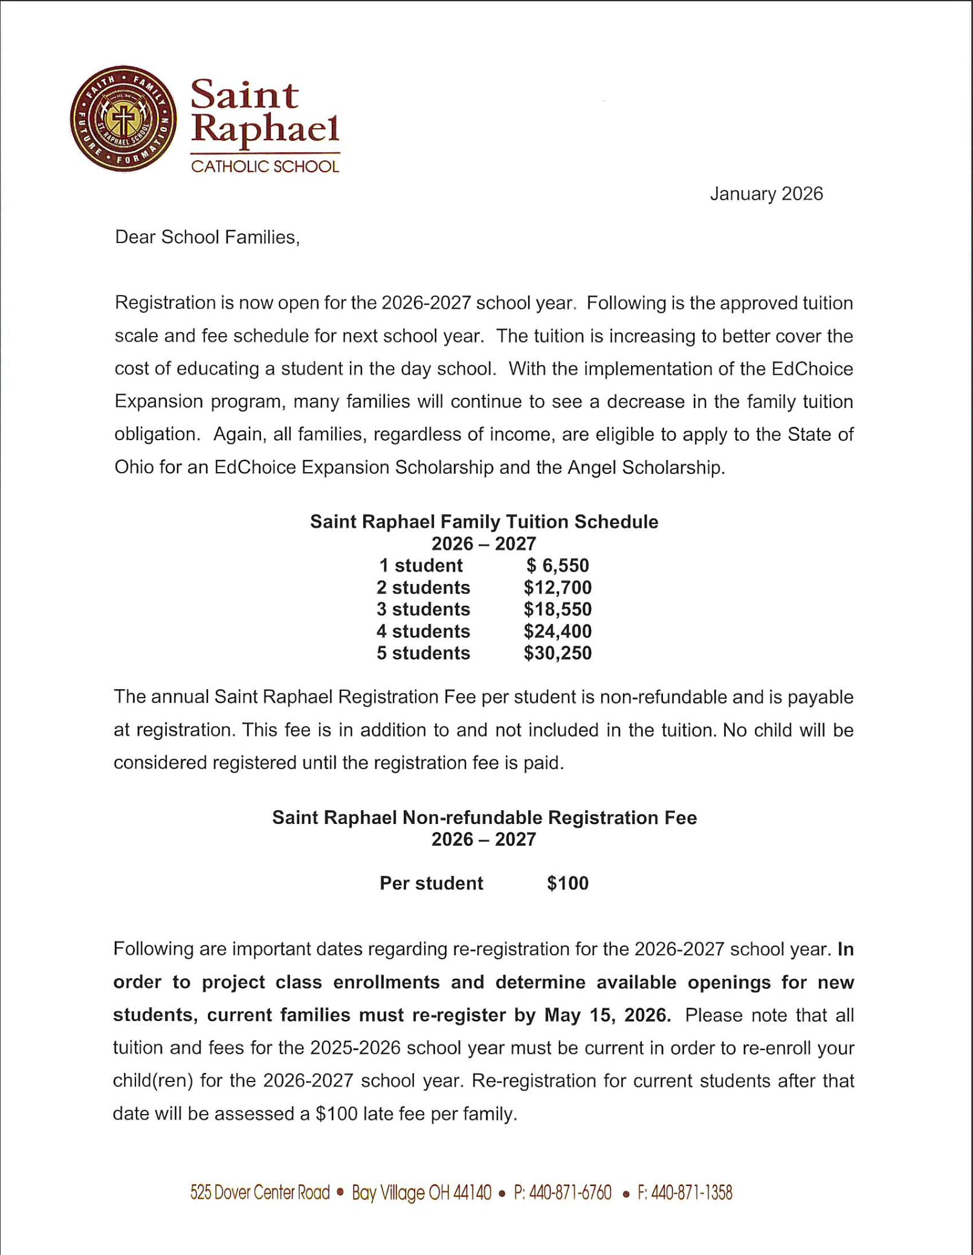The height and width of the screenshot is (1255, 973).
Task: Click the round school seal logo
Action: point(123,119)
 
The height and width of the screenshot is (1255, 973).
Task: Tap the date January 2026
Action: point(766,193)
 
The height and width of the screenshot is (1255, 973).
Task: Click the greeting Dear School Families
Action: point(207,237)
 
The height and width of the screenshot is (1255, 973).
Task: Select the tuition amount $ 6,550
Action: point(557,565)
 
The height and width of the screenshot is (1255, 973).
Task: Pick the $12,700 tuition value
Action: point(557,587)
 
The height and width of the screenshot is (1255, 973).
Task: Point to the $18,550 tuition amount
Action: point(557,609)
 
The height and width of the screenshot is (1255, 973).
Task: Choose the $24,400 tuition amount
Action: point(557,631)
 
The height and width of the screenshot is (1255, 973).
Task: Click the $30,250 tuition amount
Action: point(557,653)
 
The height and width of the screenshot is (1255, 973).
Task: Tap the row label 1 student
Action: point(421,565)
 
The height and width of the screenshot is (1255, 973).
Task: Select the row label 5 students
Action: point(423,653)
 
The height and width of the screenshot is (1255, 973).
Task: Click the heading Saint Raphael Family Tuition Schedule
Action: point(484,522)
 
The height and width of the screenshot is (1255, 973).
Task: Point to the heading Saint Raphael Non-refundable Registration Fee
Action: point(484,817)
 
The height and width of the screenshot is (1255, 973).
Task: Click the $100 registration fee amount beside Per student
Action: point(567,883)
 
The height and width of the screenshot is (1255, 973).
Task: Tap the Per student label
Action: point(431,883)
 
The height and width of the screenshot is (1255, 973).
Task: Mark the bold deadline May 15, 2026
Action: point(607,1015)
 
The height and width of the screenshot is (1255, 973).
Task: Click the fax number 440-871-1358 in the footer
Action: point(691,1193)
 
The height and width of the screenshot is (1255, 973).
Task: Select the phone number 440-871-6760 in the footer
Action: point(570,1193)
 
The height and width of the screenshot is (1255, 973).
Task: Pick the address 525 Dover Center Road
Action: point(260,1193)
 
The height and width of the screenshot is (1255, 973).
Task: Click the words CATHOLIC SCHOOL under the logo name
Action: point(265,166)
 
